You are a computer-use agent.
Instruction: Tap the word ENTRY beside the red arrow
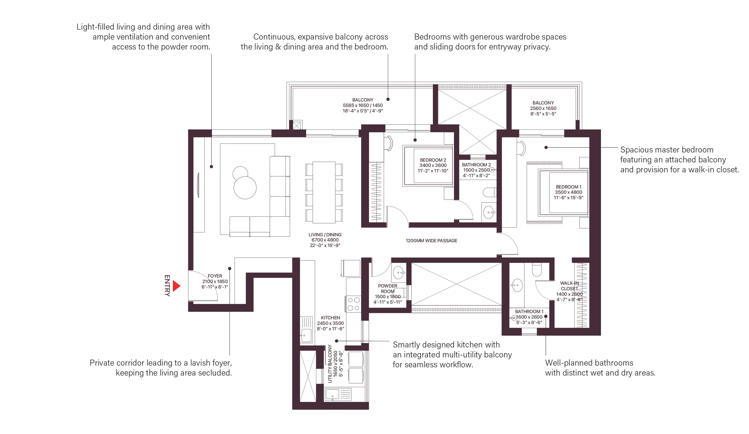point(167,286)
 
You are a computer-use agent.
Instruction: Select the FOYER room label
point(215,276)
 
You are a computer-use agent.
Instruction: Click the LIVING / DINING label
point(325,235)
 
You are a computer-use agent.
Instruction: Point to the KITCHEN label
point(330,318)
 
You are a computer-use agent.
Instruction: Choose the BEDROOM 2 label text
point(433,160)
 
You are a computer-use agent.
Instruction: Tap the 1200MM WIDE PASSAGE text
point(431,241)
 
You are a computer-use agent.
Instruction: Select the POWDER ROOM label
point(388,289)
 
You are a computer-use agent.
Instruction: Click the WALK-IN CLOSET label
point(569,286)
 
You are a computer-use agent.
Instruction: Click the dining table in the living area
point(324,192)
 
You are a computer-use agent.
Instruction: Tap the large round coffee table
point(245,188)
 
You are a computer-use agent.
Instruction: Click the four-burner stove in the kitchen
point(353,304)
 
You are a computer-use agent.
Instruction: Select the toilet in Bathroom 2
point(489,192)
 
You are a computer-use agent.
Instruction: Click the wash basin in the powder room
point(399,272)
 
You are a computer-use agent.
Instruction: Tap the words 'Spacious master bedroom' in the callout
point(667,150)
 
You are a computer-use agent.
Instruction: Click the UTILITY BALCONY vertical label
point(330,363)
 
